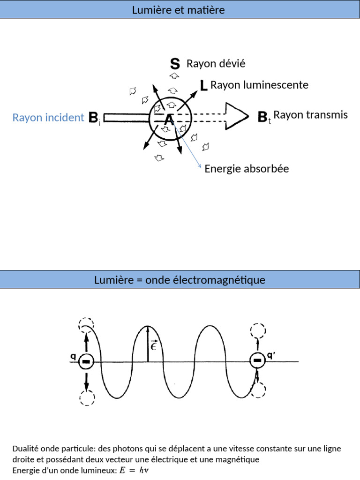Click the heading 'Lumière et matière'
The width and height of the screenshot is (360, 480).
[x=179, y=10]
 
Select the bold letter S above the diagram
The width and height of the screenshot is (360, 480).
[x=175, y=64]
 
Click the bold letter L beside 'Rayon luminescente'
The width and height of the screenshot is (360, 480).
[x=203, y=85]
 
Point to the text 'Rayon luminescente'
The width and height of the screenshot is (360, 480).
[x=259, y=85]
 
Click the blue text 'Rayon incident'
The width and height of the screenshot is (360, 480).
[x=48, y=118]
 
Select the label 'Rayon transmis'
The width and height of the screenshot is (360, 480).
[x=310, y=115]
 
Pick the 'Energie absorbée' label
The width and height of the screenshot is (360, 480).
[x=247, y=169]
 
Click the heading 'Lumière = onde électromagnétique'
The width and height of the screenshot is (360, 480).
[x=180, y=280]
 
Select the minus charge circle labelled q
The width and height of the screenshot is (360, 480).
[x=86, y=361]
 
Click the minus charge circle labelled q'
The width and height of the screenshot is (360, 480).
[x=257, y=360]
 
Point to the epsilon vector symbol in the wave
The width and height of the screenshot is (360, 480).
[x=154, y=346]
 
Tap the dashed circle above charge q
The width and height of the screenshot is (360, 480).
[x=86, y=324]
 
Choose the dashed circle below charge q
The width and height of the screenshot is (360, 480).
[x=86, y=397]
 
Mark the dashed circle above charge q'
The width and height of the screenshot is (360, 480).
[x=258, y=331]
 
